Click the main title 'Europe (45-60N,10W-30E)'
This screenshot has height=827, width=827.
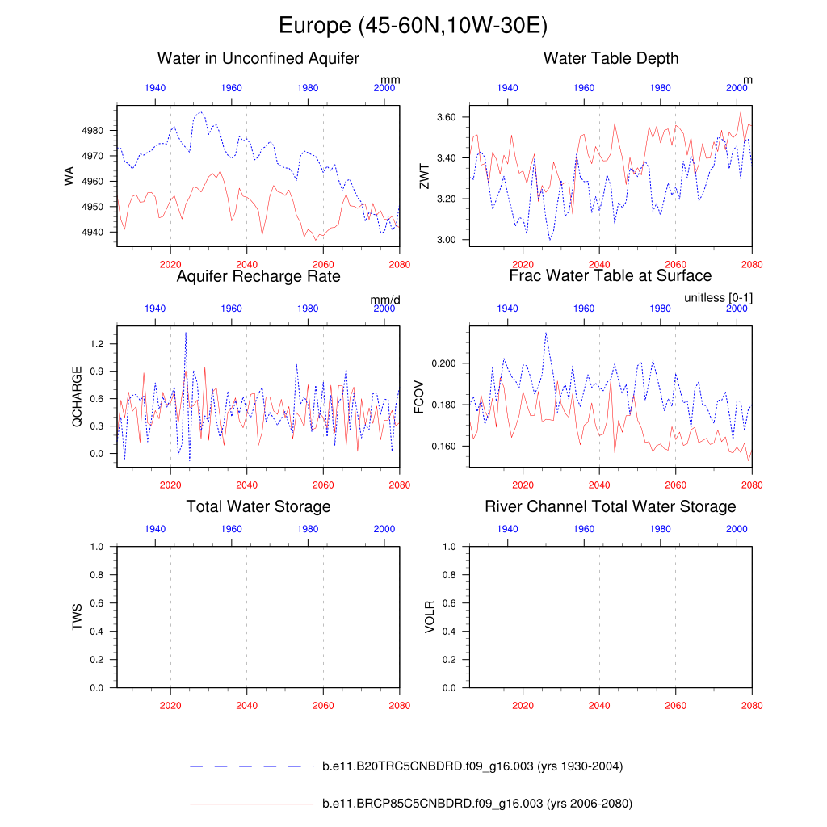tap(413, 26)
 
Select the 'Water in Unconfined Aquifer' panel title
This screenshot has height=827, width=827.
tap(258, 58)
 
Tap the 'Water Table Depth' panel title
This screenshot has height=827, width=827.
tap(611, 58)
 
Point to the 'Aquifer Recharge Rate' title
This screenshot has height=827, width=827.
tap(258, 276)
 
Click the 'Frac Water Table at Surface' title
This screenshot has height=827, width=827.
tap(611, 276)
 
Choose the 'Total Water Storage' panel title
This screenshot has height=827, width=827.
tap(258, 506)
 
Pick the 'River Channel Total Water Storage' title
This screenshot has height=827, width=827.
tap(611, 506)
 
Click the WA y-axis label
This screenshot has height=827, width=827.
tap(69, 175)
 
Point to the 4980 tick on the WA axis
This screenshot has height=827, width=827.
tap(94, 130)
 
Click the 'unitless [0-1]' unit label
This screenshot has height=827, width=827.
tap(718, 298)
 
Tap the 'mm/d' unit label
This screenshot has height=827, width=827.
tap(385, 300)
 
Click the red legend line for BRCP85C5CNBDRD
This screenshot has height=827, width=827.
tap(250, 804)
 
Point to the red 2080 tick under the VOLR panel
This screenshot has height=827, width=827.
tap(752, 703)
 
